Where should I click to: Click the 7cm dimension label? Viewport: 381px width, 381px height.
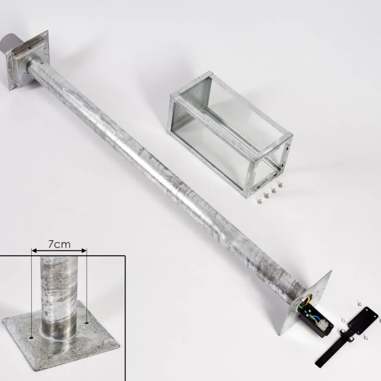(x=59, y=244)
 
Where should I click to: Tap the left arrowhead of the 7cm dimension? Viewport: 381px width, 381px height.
(x=34, y=250)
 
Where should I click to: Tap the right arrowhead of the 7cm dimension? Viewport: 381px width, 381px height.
(x=84, y=250)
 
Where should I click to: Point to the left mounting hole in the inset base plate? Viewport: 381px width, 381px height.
(x=32, y=337)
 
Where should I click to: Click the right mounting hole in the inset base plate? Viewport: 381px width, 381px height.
(x=87, y=323)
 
